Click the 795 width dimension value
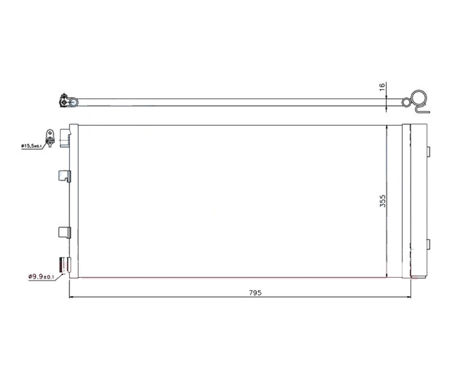coord(255,293)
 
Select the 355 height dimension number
coord(382,201)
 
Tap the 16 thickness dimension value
coord(382,86)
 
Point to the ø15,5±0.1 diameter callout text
coord(31,146)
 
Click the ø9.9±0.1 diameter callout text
coord(41,277)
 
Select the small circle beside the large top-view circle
coord(407,102)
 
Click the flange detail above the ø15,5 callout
coord(50,138)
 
